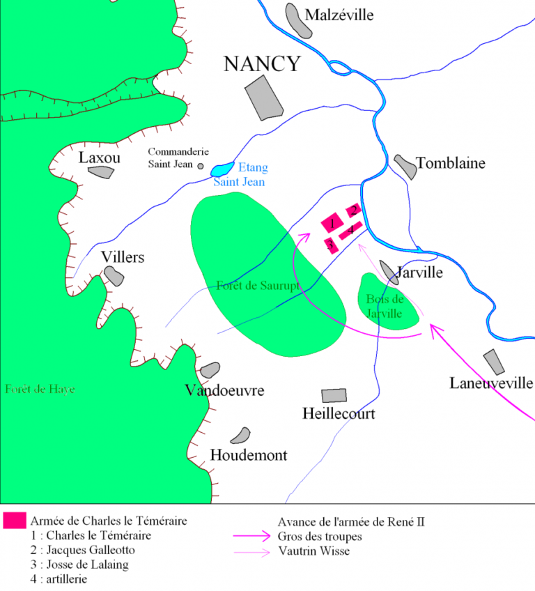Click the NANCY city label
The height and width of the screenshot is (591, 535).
pyautogui.click(x=262, y=64)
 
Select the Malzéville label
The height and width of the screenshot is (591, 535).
pyautogui.click(x=339, y=15)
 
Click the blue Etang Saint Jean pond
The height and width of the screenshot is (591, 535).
pyautogui.click(x=222, y=169)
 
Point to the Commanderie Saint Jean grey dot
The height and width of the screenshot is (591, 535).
pyautogui.click(x=201, y=166)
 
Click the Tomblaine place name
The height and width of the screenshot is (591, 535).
pyautogui.click(x=450, y=164)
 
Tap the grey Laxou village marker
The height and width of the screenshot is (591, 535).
pyautogui.click(x=101, y=172)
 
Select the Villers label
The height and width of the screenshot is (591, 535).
pyautogui.click(x=123, y=258)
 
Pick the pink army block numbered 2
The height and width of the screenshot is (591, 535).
pyautogui.click(x=354, y=210)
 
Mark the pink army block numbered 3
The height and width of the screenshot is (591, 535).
pyautogui.click(x=330, y=245)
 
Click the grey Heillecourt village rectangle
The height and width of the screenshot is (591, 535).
pyautogui.click(x=334, y=395)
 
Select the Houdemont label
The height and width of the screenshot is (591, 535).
pyautogui.click(x=249, y=456)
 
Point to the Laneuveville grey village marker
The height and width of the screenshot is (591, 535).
pyautogui.click(x=493, y=362)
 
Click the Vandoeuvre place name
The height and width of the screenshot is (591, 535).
pyautogui.click(x=224, y=390)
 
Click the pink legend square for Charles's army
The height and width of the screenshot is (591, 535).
pyautogui.click(x=14, y=520)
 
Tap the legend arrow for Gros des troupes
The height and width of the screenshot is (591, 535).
pyautogui.click(x=251, y=537)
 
